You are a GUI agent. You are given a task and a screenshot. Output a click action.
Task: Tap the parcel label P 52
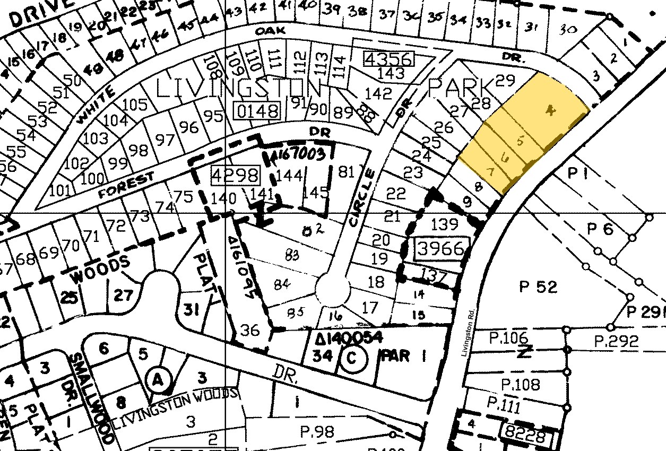point(538,287)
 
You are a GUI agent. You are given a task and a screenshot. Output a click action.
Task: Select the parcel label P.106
point(508,337)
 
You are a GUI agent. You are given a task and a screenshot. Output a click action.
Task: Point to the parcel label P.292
point(616,341)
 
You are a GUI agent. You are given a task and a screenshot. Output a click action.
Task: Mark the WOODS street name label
point(100,268)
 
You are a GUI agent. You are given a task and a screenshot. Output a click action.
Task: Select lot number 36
point(250,330)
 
